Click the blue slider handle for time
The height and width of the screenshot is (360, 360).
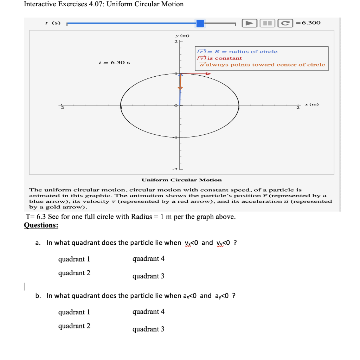[x=200, y=23]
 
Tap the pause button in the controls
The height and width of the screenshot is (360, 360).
[x=268, y=23]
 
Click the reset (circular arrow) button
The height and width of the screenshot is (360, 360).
[x=285, y=23]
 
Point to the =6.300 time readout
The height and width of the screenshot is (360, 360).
[x=308, y=23]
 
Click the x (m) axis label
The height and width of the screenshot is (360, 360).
[x=311, y=104]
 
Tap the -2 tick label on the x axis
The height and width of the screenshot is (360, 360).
[x=60, y=108]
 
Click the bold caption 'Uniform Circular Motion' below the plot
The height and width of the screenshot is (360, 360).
[x=182, y=180]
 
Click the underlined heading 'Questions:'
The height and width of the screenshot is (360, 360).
[x=41, y=225]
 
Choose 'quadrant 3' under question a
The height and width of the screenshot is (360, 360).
[x=148, y=276]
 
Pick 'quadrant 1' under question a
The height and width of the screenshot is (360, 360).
[x=74, y=259]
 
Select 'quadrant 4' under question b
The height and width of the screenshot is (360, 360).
[x=148, y=311]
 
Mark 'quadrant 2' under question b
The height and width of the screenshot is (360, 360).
[x=74, y=326]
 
